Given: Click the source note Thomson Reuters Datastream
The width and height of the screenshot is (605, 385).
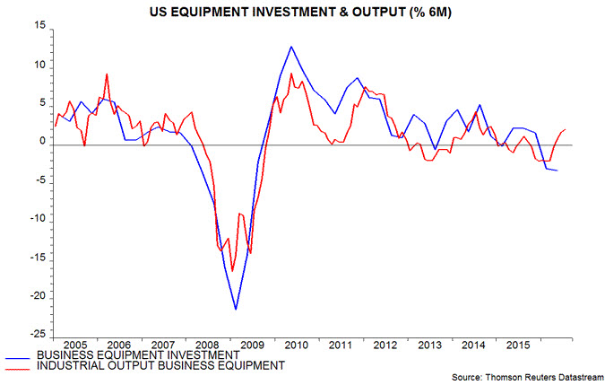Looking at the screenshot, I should coord(530,378).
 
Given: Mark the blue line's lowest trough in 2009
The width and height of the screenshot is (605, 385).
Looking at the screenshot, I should coord(236,310).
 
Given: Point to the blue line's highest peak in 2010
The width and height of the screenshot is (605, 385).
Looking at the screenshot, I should coord(291,46).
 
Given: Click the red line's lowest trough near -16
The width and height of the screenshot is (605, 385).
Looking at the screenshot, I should coord(232,270).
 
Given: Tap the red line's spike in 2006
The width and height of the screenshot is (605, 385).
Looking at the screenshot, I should coord(107,74).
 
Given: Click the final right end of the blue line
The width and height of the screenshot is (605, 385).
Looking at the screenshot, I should coord(557,171).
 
